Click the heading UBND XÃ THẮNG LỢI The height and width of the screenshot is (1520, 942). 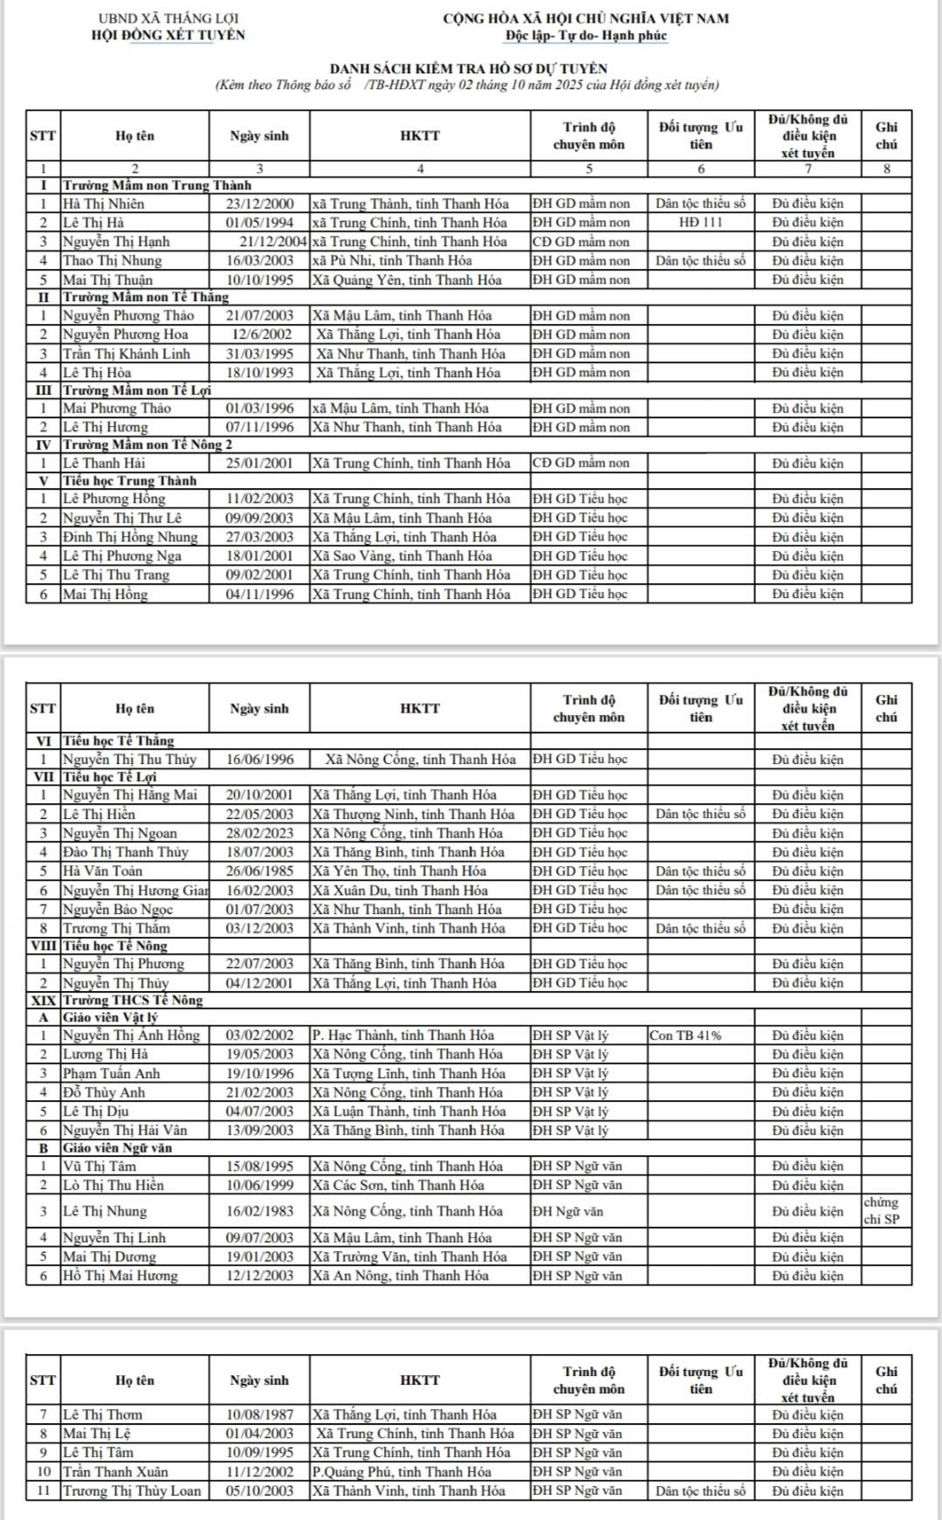(168, 18)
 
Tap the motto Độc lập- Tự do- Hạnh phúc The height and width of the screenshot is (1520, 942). (585, 36)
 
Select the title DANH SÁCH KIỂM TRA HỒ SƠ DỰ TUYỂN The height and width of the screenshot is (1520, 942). (468, 68)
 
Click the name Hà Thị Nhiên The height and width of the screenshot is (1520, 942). (103, 203)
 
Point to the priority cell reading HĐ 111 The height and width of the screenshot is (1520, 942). (700, 223)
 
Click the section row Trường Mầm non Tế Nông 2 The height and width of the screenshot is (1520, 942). (147, 444)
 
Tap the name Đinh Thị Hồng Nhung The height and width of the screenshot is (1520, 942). (130, 537)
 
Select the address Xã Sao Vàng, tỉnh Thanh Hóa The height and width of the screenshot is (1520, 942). (402, 556)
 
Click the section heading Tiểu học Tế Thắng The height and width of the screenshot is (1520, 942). (118, 740)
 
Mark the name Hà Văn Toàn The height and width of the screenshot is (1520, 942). (102, 870)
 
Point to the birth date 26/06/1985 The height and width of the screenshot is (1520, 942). (259, 870)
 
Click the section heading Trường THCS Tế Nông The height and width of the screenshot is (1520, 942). (133, 1000)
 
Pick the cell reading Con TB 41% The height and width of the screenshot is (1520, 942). (685, 1035)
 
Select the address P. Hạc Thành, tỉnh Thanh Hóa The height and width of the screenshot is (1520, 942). (402, 1035)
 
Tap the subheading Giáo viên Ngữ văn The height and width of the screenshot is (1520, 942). (117, 1148)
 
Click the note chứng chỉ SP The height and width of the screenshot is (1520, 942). (882, 1211)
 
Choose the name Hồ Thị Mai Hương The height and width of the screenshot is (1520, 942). (120, 1276)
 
